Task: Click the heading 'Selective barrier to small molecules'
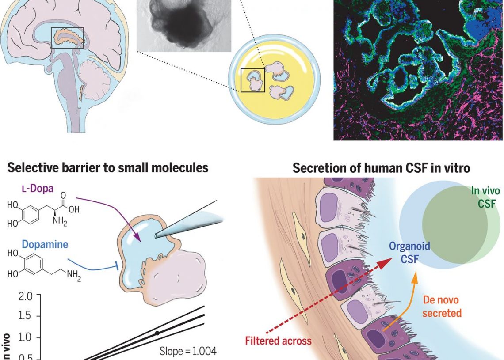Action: click(x=108, y=168)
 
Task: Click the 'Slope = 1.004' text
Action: click(x=187, y=352)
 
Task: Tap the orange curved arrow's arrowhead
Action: click(x=414, y=279)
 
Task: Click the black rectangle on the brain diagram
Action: click(x=67, y=38)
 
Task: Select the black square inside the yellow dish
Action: click(x=252, y=80)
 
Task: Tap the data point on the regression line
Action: click(x=157, y=333)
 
